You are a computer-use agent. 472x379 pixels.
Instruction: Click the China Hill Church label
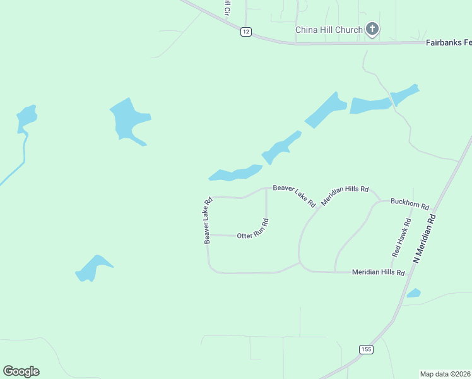click(329, 30)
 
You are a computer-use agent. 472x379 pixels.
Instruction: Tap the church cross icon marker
click(372, 28)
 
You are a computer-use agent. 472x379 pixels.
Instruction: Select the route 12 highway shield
click(246, 32)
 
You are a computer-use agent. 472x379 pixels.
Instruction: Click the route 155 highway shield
click(366, 349)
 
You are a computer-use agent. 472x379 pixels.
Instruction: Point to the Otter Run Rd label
click(253, 229)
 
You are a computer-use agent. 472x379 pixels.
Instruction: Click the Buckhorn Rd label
click(410, 203)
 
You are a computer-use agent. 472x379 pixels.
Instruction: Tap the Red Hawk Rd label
click(401, 238)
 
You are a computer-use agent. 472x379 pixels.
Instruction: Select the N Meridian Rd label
click(424, 238)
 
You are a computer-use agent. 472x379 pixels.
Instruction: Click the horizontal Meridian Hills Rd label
click(377, 272)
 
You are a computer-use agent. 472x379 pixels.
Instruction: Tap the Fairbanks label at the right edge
click(449, 42)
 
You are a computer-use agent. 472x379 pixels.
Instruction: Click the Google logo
click(21, 371)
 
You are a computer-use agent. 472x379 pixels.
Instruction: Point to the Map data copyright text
click(445, 373)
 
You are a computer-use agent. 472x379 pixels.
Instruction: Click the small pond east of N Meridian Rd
click(414, 293)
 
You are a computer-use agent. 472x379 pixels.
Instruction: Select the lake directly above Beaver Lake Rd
click(236, 172)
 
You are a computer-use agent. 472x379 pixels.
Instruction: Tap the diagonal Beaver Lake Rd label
click(294, 196)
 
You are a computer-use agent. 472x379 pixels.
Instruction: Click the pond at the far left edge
click(27, 118)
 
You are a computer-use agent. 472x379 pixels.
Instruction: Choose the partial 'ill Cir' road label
click(227, 8)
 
